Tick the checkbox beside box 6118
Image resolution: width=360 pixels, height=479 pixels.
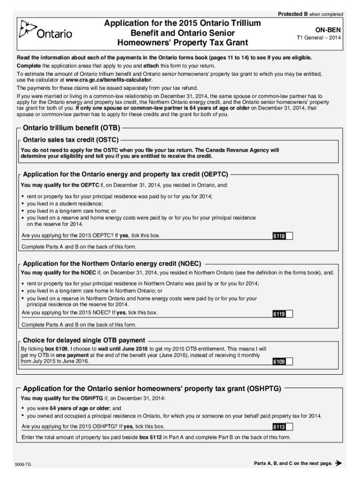click(289, 236)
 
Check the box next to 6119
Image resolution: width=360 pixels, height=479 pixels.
click(289, 314)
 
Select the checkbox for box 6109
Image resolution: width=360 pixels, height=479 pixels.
click(289, 362)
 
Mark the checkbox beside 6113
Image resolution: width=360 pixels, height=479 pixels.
click(289, 427)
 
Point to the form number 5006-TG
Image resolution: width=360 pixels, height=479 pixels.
click(23, 464)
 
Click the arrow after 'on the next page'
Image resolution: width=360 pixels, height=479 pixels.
click(339, 464)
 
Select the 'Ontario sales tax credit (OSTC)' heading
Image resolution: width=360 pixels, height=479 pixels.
click(71, 139)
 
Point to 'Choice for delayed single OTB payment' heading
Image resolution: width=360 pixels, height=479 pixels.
click(84, 340)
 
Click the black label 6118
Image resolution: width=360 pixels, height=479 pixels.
click(279, 236)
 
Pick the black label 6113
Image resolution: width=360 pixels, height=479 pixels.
click(279, 427)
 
